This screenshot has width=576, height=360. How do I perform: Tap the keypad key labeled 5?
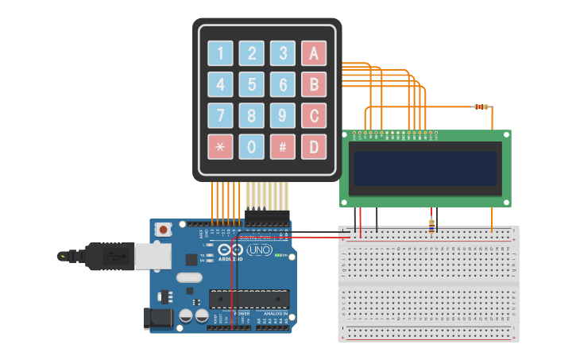(252, 84)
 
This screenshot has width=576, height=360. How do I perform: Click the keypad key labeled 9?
(282, 115)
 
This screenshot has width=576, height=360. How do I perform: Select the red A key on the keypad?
(314, 53)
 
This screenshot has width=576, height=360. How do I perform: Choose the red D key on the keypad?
(314, 146)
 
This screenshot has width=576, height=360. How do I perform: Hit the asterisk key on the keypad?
(220, 146)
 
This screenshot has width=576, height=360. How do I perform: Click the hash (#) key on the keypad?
(282, 146)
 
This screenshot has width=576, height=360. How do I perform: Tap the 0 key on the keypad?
(252, 146)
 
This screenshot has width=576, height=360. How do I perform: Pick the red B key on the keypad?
(314, 84)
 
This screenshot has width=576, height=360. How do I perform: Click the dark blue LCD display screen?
(425, 168)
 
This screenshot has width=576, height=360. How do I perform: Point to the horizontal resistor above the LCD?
(481, 106)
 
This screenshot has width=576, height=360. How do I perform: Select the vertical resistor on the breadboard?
(431, 226)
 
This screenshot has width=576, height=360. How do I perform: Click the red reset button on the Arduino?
(164, 230)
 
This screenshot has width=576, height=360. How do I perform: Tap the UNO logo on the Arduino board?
(259, 250)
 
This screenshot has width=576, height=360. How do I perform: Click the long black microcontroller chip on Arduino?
(249, 299)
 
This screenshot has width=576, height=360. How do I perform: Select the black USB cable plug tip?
(63, 256)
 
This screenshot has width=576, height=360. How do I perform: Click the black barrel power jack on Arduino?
(156, 319)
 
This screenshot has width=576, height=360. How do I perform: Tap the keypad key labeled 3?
(282, 53)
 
